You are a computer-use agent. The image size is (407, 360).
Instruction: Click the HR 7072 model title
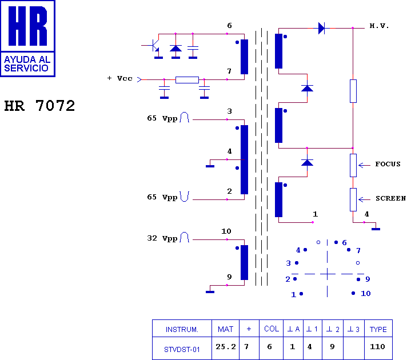(x=39, y=106)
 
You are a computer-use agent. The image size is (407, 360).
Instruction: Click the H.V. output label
(x=379, y=26)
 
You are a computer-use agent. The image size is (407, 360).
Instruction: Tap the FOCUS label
(x=388, y=164)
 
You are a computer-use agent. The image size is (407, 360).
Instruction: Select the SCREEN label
(x=390, y=198)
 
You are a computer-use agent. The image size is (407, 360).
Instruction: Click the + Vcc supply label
(x=120, y=78)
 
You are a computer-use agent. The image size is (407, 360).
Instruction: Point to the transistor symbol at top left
(x=155, y=46)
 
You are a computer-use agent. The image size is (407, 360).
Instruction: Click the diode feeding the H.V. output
(x=321, y=28)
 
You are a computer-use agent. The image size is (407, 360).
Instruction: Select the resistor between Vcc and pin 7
(x=187, y=79)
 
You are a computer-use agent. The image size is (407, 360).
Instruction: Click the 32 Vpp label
(x=162, y=238)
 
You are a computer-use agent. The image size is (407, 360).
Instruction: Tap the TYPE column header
(x=378, y=329)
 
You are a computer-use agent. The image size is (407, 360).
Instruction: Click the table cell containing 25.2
(x=226, y=348)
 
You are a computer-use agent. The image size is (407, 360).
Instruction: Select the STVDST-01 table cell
(x=182, y=348)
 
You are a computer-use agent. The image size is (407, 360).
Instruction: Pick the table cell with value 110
(x=378, y=348)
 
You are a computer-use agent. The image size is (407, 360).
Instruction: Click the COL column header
(x=272, y=329)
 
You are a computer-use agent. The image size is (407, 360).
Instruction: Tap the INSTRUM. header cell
(x=182, y=329)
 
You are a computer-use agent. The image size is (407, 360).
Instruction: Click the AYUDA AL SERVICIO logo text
(x=27, y=63)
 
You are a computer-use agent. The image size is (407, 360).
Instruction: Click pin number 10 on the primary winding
(x=226, y=231)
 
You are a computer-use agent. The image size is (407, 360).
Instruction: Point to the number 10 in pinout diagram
(x=365, y=294)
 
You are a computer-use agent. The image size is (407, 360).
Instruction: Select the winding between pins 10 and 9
(x=244, y=262)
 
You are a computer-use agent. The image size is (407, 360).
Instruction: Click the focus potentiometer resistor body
(x=353, y=165)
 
